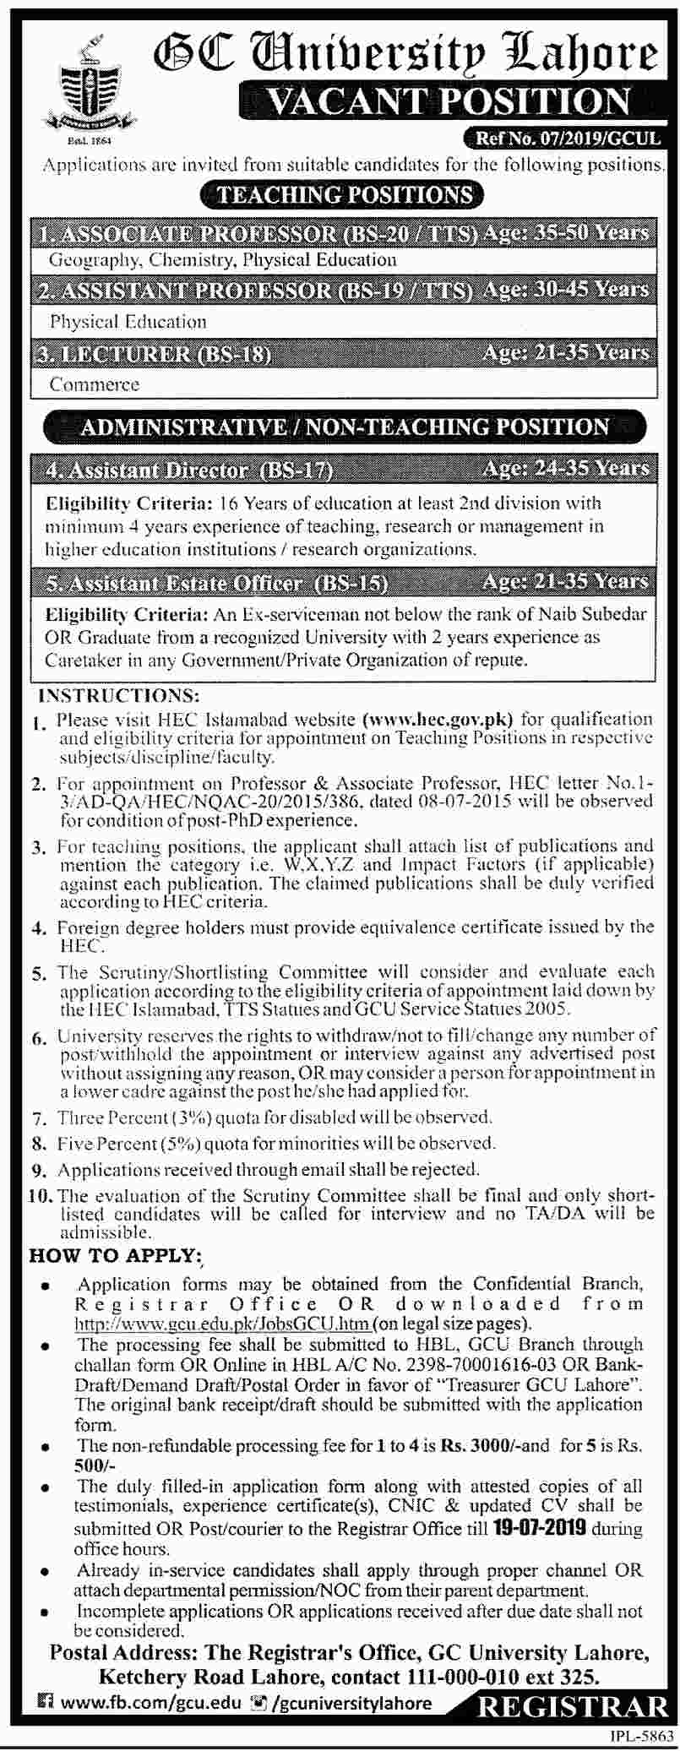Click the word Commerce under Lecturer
point(94,384)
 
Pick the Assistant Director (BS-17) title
point(187,469)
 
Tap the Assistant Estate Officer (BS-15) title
point(212,582)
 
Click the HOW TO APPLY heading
point(116,1255)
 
